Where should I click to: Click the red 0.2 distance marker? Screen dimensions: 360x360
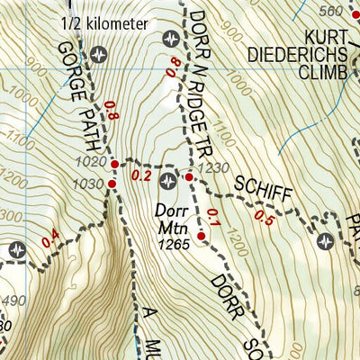coord(142,176)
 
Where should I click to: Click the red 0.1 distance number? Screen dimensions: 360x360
coord(212,216)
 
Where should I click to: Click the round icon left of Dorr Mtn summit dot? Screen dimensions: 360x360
coord(168,183)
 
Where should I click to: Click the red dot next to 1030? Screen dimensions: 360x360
coord(112,184)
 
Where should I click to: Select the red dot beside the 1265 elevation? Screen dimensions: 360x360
coord(202,237)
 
